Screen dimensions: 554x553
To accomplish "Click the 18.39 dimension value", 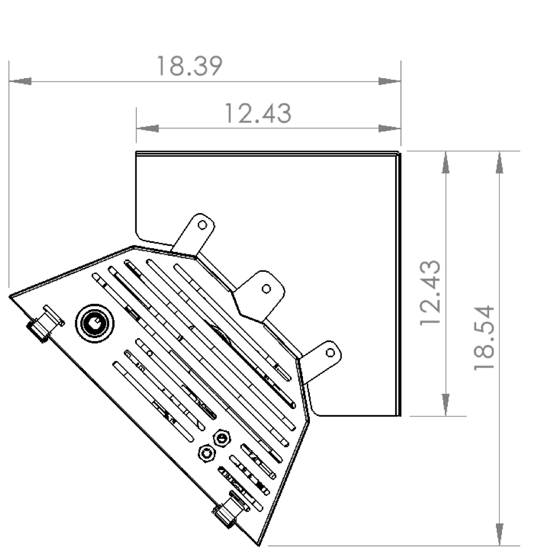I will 189,66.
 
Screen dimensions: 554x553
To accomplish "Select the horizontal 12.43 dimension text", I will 258,113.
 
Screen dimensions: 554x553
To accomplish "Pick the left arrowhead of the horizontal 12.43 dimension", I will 147,128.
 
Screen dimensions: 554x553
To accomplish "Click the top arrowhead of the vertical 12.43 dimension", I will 446,163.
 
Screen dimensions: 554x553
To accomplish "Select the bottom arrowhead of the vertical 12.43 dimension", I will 446,404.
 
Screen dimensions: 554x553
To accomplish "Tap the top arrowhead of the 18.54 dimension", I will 499,163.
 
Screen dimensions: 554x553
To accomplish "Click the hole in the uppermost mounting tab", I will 202,225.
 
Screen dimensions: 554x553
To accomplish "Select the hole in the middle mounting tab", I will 266,288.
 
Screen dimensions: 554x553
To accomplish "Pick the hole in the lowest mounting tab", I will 330,352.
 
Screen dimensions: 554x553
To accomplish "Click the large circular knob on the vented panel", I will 94,322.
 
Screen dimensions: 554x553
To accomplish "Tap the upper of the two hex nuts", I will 221,438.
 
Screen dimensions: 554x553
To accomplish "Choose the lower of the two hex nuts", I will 206,453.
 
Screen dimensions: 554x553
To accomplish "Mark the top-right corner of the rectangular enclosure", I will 400,153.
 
